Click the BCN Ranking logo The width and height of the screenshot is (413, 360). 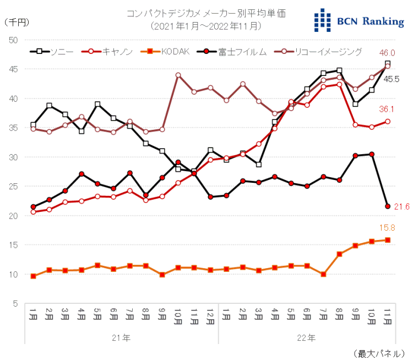358,21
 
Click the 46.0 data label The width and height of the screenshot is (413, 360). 388,52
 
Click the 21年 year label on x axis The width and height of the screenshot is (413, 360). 122,337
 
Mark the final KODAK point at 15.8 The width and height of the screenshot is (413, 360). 388,240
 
